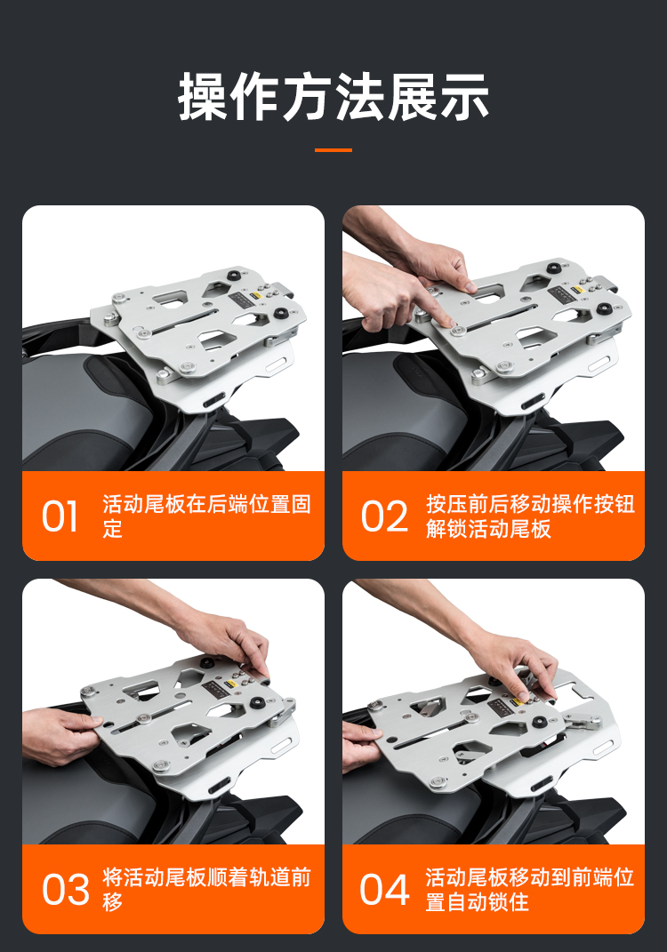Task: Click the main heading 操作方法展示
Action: (x=333, y=97)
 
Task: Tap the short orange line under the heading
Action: (x=333, y=150)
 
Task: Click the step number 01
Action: (x=60, y=516)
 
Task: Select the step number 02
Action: (x=384, y=516)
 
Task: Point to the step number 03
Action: (x=65, y=890)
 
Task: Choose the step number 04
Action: (x=384, y=890)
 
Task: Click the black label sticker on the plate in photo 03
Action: (x=214, y=687)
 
